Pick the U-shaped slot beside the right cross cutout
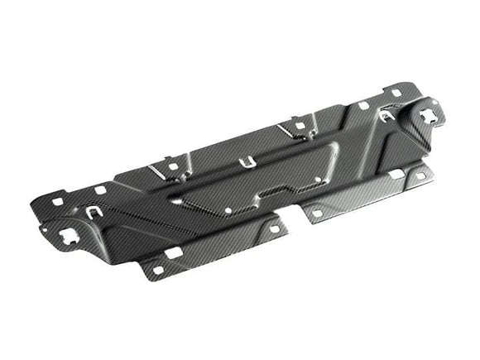coord(386,116)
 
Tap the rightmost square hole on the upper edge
coord(396,92)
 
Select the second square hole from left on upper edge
coord(100,190)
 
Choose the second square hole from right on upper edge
coord(363,105)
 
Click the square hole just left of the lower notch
coord(274,229)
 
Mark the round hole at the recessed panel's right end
coord(318,179)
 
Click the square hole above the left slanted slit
coord(172,166)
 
